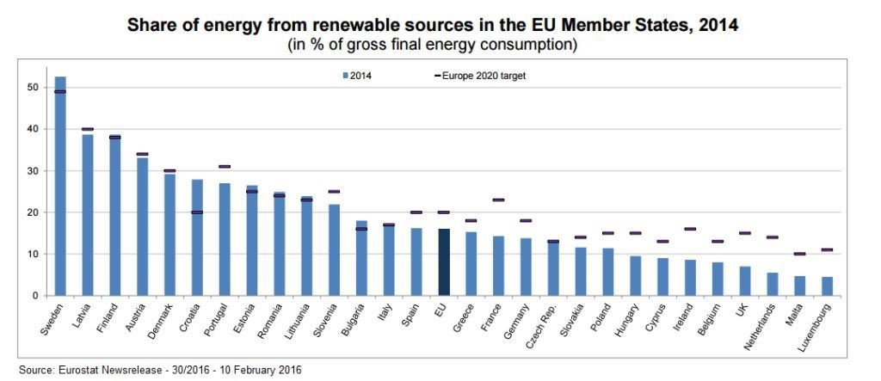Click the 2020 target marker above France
498,200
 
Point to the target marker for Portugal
225,166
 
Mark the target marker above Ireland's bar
690,229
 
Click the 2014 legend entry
358,76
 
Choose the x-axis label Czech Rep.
545,321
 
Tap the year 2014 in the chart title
718,26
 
